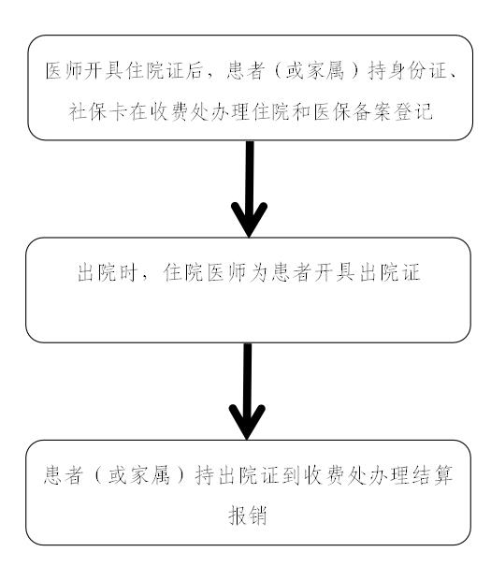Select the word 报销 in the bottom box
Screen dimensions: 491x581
247,516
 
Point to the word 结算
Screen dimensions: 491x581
433,475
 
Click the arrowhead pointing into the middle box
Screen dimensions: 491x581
249,219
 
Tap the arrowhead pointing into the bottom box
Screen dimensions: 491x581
247,422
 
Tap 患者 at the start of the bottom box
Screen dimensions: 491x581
63,475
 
